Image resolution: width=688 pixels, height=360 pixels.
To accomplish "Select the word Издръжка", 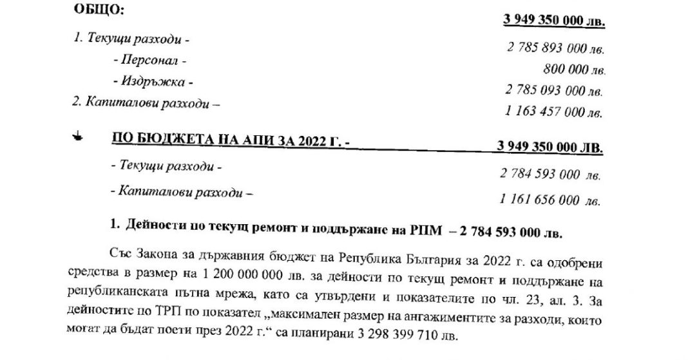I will pyautogui.click(x=152, y=82).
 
